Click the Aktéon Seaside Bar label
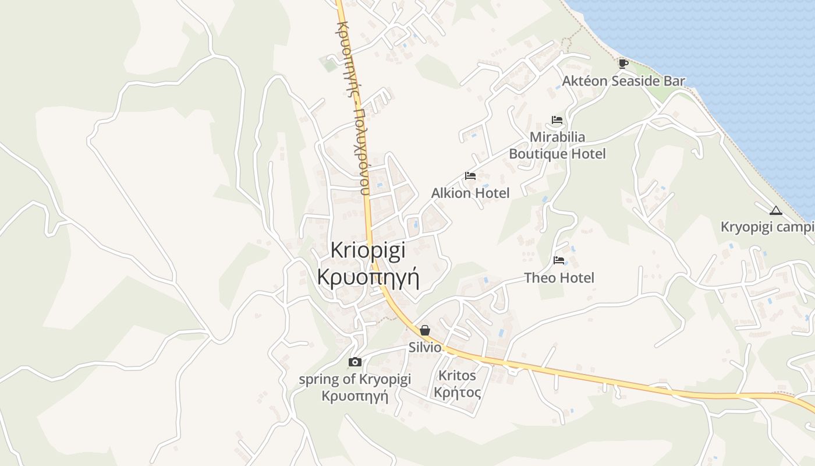click(623, 81)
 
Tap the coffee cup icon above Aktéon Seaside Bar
click(623, 63)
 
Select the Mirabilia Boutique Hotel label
click(557, 146)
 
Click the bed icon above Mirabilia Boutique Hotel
click(557, 120)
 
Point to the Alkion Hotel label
click(470, 193)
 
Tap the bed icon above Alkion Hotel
click(470, 175)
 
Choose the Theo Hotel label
click(559, 278)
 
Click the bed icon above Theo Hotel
click(559, 260)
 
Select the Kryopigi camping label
click(767, 227)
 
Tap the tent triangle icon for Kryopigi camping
click(775, 210)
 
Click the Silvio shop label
click(425, 347)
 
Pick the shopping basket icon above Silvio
click(425, 330)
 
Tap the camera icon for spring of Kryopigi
click(355, 362)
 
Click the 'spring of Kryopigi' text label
click(355, 379)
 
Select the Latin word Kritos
click(457, 375)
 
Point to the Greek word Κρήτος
click(457, 392)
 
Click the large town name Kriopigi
click(368, 250)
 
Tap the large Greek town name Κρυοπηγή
click(368, 276)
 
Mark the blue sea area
click(728, 47)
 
